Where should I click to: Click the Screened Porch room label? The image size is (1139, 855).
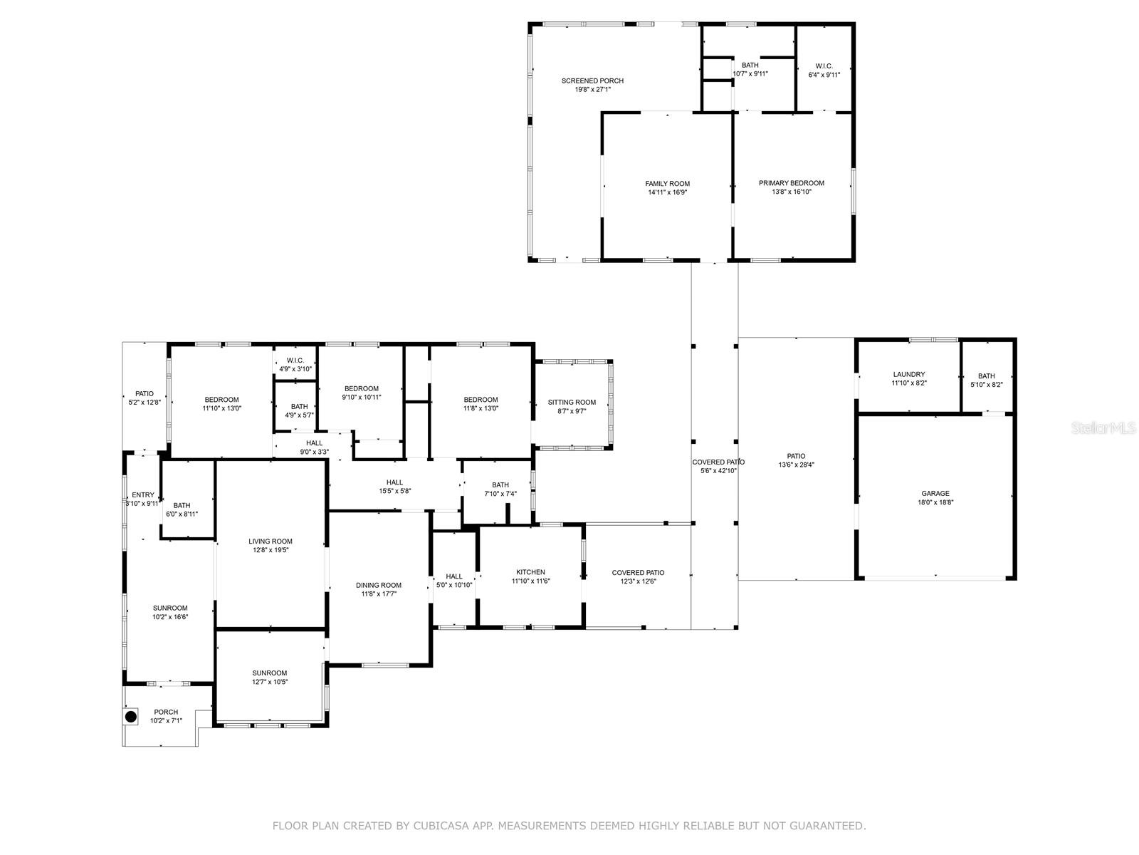pos(592,81)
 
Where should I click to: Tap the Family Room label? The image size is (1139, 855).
pos(667,184)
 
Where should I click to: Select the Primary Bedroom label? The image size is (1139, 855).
pos(792,183)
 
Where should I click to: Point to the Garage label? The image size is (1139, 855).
pos(935,494)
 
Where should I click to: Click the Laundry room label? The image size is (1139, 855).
pos(908,374)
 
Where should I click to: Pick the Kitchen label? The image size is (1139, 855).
pos(530,572)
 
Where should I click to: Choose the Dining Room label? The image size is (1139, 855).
pos(378,585)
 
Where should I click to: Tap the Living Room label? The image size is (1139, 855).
pos(271,541)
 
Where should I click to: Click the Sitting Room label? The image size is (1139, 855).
pos(572,403)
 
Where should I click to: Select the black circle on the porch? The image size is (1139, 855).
pos(131,717)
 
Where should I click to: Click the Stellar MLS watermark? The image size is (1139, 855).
pos(1103,427)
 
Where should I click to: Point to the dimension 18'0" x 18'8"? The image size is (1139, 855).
pos(935,502)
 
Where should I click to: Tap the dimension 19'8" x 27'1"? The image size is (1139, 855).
pos(592,90)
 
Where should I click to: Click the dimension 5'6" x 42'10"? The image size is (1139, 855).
pos(718,471)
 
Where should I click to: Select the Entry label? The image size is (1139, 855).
pos(142,494)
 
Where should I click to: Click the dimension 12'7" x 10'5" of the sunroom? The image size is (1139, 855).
pos(270,682)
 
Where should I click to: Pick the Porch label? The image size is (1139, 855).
pos(166,712)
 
